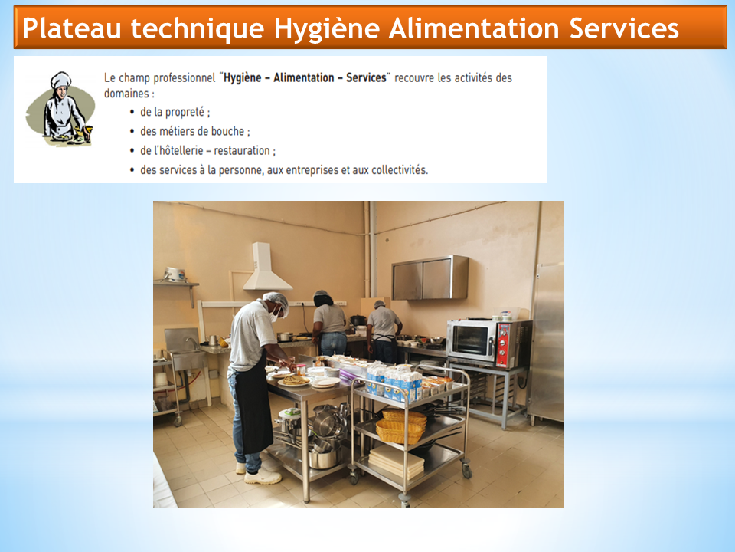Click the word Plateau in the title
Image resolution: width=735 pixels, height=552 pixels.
pyautogui.click(x=72, y=28)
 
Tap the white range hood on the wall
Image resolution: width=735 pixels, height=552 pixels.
pyautogui.click(x=266, y=267)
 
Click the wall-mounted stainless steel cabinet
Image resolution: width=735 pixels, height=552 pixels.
pyautogui.click(x=430, y=278)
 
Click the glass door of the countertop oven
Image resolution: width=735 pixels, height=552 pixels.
pyautogui.click(x=470, y=340)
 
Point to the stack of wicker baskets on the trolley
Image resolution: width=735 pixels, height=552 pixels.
pyautogui.click(x=401, y=426)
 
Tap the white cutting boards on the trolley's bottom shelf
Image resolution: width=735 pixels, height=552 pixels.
pyautogui.click(x=397, y=462)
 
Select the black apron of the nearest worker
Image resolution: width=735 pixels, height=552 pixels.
pyautogui.click(x=253, y=408)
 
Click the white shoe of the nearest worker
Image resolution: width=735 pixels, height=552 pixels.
pyautogui.click(x=263, y=478)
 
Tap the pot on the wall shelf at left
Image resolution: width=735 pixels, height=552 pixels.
pyautogui.click(x=175, y=274)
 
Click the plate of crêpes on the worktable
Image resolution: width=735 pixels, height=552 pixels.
pyautogui.click(x=294, y=379)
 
